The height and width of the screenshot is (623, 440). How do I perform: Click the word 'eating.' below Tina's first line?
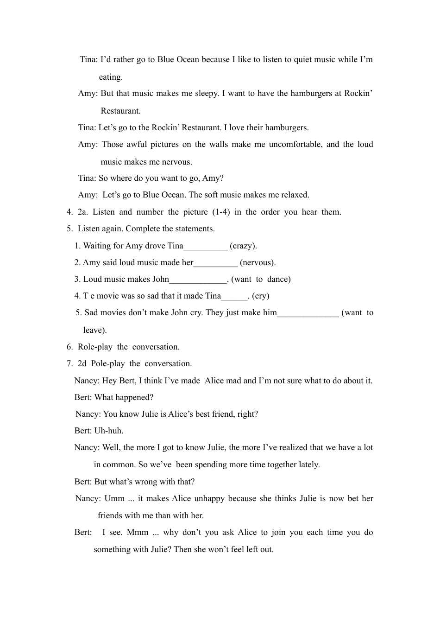(x=111, y=77)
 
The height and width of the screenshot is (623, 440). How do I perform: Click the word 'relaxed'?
(x=293, y=195)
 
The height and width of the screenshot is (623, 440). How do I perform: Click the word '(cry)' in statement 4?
(x=261, y=296)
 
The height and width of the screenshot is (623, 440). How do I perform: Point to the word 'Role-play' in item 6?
(x=95, y=347)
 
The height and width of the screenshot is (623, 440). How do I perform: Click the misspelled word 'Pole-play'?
(x=108, y=363)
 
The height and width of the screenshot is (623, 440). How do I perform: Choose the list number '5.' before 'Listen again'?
(x=69, y=229)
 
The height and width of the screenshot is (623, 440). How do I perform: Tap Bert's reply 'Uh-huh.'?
(x=109, y=431)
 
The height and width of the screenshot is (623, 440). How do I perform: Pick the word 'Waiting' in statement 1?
(x=97, y=246)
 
